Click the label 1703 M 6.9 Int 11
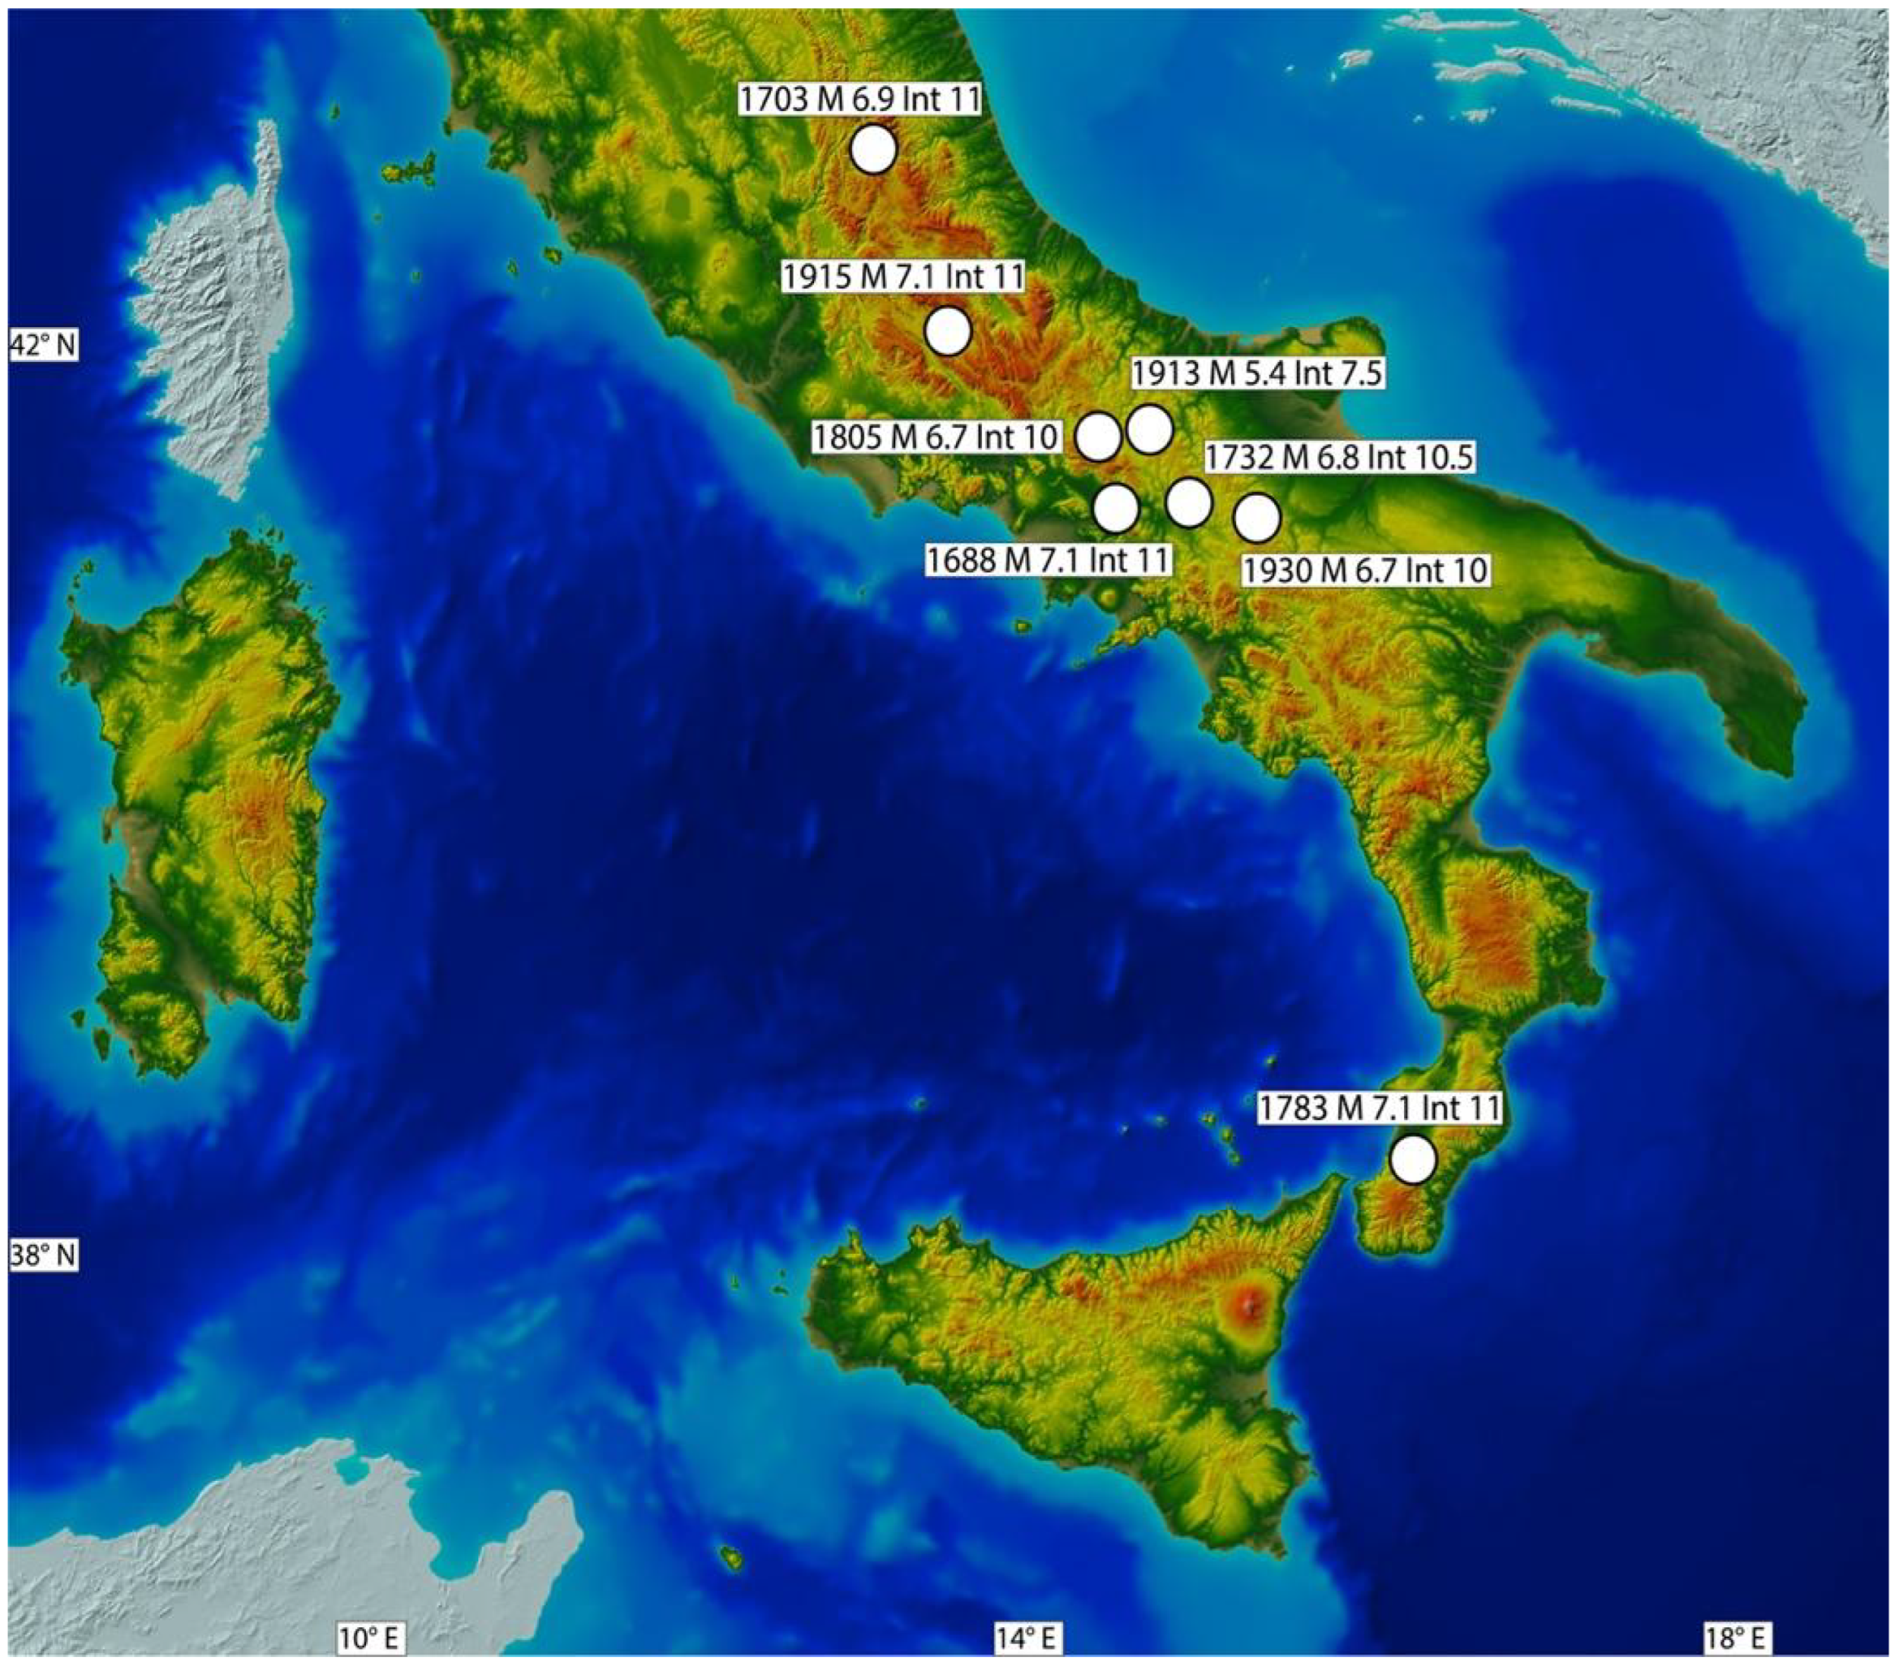[x=860, y=99]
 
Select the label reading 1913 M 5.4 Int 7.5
[x=1258, y=373]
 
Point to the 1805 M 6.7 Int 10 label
[x=936, y=436]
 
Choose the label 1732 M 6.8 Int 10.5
[x=1339, y=458]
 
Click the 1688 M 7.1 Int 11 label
[x=1048, y=560]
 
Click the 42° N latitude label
[x=43, y=345]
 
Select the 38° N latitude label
[x=43, y=1256]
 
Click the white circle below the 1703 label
[x=873, y=150]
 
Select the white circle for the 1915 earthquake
[x=948, y=332]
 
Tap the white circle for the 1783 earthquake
[x=1412, y=1160]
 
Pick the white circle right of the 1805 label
[x=1098, y=436]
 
